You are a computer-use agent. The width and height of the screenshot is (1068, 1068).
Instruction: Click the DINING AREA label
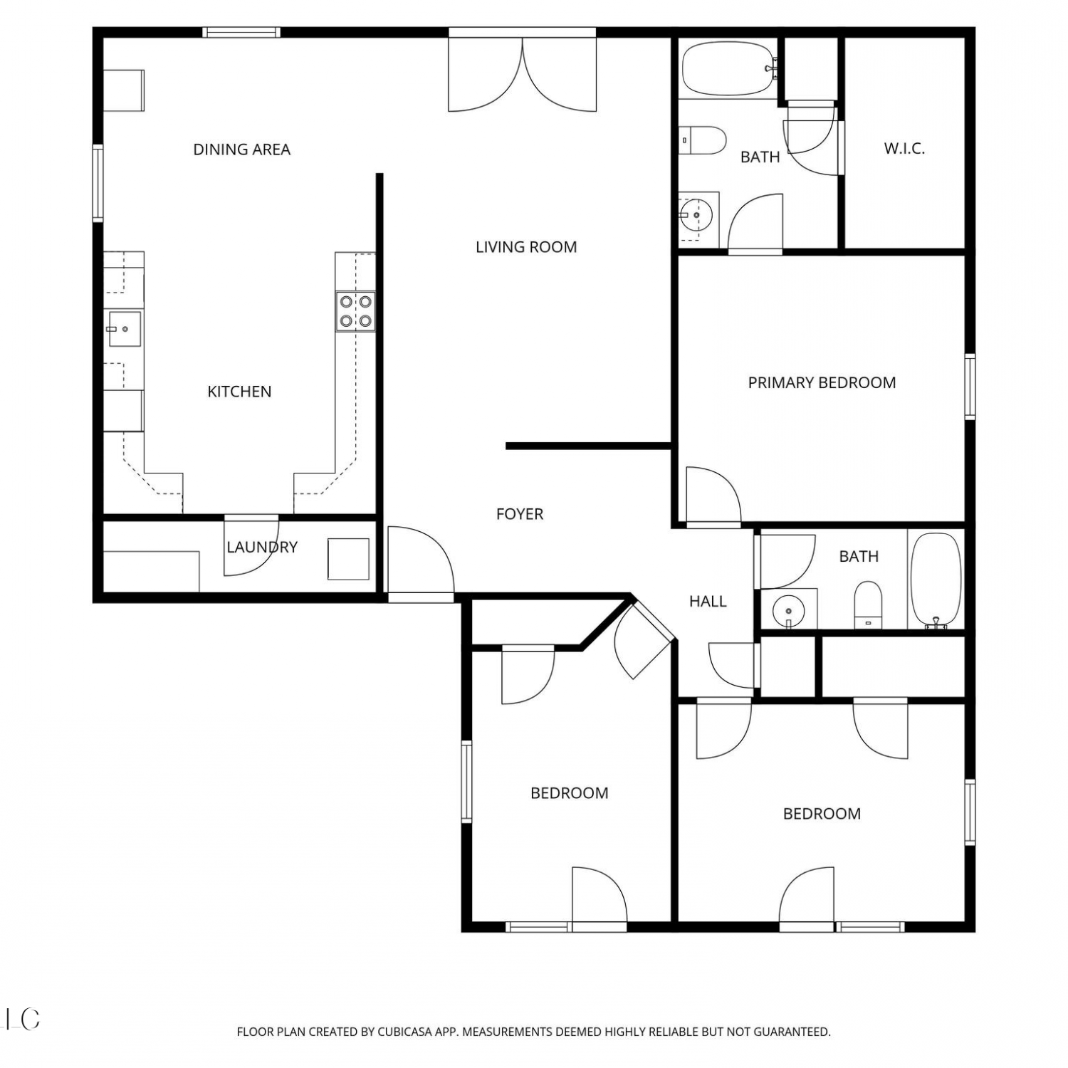(x=242, y=150)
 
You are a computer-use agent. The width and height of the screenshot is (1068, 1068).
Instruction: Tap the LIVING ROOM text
(x=526, y=247)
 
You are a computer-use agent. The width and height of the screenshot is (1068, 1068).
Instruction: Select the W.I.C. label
(x=904, y=149)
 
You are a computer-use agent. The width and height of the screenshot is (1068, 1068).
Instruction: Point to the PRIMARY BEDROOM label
(x=822, y=382)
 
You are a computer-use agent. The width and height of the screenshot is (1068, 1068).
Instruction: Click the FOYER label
(x=520, y=514)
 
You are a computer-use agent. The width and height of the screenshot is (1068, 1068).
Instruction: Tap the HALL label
(x=708, y=602)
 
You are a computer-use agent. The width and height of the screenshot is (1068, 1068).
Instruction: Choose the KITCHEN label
(x=239, y=392)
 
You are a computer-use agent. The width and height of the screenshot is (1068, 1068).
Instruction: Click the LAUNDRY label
(x=262, y=547)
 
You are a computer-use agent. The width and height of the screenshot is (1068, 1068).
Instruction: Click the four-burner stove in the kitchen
(x=356, y=311)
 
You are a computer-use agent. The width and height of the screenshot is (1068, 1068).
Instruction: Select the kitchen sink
(x=124, y=329)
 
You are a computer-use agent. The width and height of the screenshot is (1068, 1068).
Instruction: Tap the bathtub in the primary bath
(x=728, y=69)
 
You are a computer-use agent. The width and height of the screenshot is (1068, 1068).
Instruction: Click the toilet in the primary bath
(x=702, y=140)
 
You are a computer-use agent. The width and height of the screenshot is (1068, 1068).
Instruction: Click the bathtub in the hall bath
(x=936, y=581)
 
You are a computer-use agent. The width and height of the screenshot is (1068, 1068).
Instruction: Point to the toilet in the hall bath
(x=868, y=605)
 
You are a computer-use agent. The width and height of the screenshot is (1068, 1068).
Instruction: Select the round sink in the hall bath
(x=788, y=611)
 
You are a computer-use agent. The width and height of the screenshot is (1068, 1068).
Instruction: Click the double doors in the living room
(x=523, y=74)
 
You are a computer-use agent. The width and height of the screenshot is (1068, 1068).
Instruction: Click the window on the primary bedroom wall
(x=969, y=386)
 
